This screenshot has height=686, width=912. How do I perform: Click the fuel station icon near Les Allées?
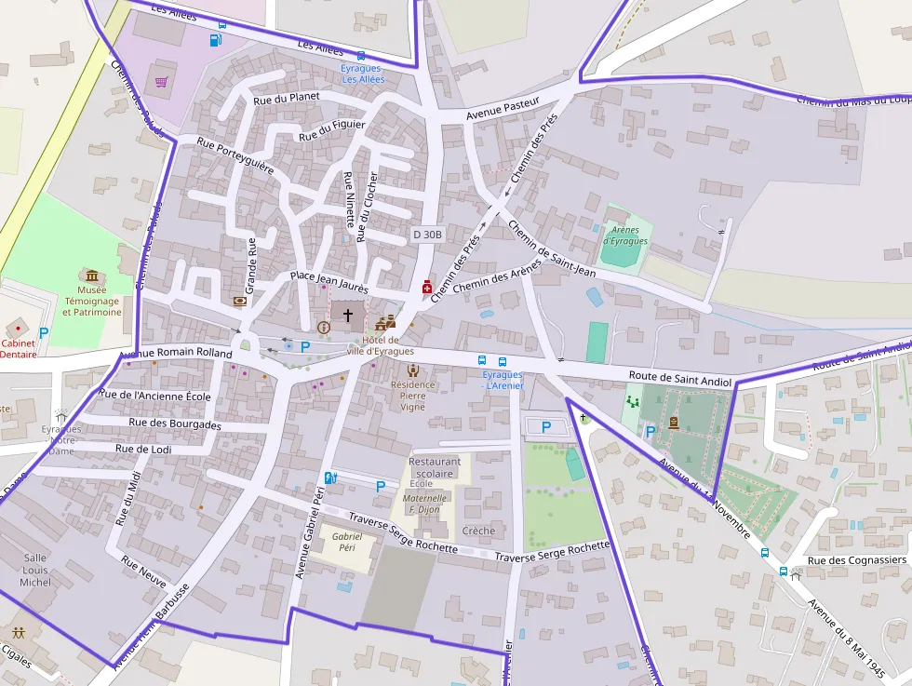point(216,40)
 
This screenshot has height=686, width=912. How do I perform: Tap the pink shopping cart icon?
point(162,82)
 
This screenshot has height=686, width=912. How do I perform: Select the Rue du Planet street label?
point(286,97)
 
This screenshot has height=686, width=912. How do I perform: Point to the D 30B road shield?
point(427,235)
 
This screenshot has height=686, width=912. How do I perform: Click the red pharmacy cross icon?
point(427,289)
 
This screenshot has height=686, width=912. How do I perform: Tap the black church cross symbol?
point(349,316)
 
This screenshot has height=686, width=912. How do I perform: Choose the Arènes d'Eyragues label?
point(624,235)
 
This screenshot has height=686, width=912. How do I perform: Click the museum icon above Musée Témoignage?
point(91,276)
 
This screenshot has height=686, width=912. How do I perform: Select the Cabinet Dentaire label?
point(19,348)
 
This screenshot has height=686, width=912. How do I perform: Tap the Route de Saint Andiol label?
point(681,379)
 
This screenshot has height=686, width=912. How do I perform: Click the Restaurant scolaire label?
point(435,467)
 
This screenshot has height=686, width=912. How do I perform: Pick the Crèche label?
point(478,531)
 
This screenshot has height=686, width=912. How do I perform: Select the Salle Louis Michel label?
point(36,570)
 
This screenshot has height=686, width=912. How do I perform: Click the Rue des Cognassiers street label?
point(856,560)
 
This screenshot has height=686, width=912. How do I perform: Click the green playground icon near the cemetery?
point(634,402)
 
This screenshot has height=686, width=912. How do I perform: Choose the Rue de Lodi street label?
point(143,449)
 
